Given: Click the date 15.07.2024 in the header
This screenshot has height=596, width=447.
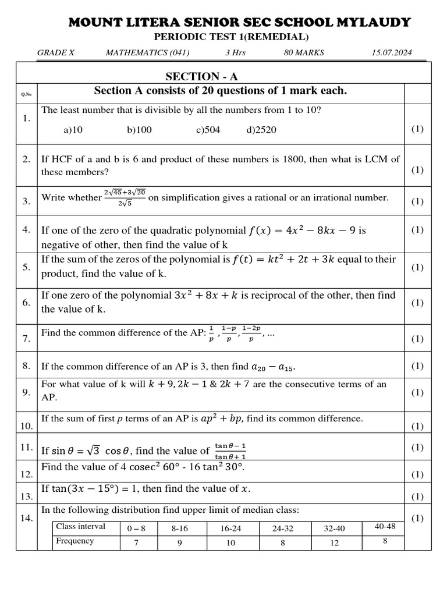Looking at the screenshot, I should point(391,53).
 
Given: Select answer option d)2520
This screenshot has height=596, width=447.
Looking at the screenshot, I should point(261,130).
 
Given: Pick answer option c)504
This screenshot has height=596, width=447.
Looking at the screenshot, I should point(208,130).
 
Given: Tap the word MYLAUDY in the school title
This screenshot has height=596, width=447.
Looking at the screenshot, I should point(377,23).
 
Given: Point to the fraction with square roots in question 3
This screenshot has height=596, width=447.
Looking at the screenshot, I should point(125,197).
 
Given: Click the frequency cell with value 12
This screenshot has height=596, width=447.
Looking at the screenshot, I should point(334,542).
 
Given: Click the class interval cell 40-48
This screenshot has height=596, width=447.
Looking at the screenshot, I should point(385,526).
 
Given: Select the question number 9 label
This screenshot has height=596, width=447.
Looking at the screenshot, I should point(26,392).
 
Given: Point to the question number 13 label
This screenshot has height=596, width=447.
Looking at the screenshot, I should point(26,496).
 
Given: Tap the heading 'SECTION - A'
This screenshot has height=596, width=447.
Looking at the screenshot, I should point(201,77).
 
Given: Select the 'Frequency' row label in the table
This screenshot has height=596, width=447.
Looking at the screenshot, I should point(74,541).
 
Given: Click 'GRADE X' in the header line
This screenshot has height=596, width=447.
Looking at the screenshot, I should point(56,53).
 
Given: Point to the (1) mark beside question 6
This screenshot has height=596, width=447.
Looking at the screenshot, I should point(417,303).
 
